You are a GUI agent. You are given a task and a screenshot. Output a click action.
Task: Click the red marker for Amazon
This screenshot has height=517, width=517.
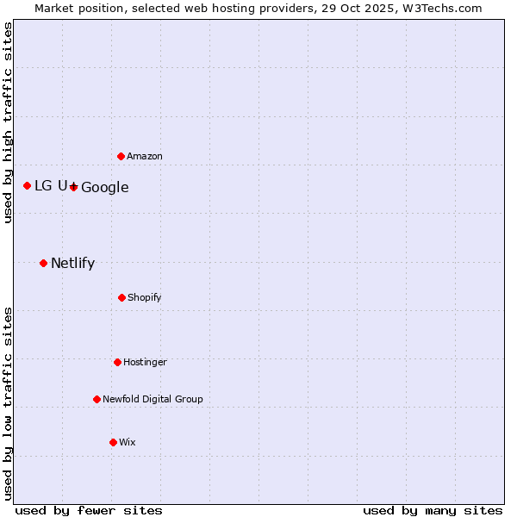pos(121,156)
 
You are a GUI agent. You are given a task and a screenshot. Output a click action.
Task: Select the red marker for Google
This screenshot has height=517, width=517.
pos(74,187)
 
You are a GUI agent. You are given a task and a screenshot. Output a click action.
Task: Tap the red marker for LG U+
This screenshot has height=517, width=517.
pos(28,185)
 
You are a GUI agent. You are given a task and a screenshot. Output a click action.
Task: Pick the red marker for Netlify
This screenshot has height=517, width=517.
pos(43,263)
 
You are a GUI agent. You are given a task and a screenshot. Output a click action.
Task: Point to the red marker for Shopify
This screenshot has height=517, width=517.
pos(121,297)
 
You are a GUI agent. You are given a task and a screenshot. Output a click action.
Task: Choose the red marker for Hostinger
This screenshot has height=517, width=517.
pos(117,362)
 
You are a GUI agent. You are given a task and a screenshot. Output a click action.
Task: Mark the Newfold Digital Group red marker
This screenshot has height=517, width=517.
pos(97,399)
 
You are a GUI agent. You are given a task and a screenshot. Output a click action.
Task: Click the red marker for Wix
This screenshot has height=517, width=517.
pos(113,442)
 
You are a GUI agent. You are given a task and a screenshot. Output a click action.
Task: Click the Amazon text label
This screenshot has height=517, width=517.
pos(145,157)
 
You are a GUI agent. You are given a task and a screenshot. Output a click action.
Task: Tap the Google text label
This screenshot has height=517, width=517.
pos(105,188)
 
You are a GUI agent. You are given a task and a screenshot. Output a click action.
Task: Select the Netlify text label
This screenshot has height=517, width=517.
pos(72,264)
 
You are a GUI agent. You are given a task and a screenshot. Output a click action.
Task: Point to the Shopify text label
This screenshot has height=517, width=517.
pos(145,298)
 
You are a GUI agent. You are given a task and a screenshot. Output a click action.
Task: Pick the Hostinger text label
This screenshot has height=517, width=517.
pos(145,363)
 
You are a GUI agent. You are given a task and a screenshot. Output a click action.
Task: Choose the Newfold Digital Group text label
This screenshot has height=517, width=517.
pos(153,400)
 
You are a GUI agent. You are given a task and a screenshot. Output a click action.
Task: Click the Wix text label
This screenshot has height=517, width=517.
pos(128,443)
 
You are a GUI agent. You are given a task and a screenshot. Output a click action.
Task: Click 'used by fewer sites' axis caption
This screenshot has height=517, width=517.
pos(89,510)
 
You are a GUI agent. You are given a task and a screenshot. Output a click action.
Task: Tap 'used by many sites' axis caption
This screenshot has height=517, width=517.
pos(433,510)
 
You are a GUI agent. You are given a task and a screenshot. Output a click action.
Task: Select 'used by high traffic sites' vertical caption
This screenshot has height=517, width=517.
pos(8,122)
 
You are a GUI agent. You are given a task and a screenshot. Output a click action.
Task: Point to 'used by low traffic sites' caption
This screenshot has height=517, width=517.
pos(8,402)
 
